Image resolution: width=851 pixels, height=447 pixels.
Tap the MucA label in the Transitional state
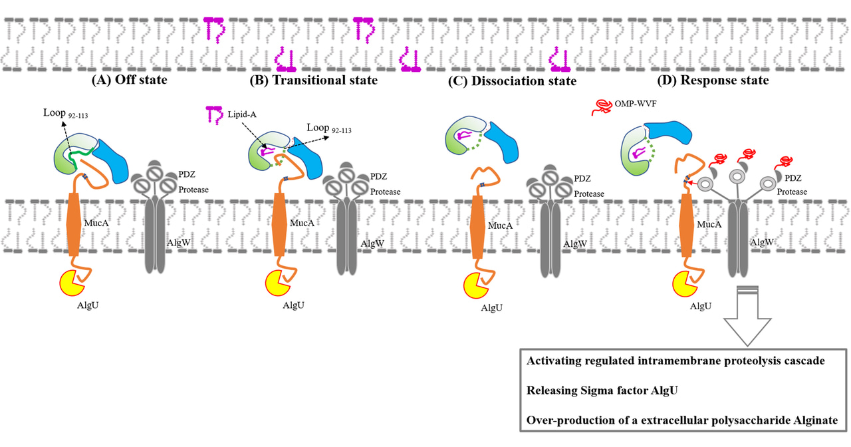(x=303, y=223)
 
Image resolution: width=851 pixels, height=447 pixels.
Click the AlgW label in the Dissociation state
(x=574, y=244)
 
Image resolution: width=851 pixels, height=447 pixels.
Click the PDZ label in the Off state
(x=187, y=175)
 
